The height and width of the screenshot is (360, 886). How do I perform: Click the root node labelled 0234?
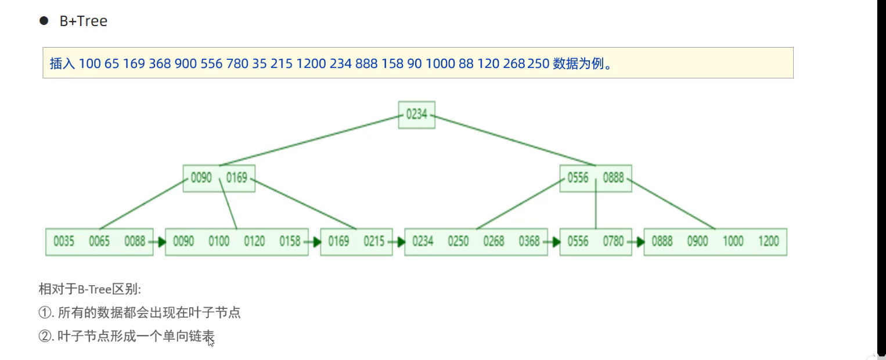416,114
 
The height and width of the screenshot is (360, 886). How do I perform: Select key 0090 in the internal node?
201,178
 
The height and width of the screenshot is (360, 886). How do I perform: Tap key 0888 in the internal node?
613,178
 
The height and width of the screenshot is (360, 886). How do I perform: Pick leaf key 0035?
64,242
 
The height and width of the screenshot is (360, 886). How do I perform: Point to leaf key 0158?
290,242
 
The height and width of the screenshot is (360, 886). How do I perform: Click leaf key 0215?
374,242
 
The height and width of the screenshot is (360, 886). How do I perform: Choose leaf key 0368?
529,242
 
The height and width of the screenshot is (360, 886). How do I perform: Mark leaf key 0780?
614,242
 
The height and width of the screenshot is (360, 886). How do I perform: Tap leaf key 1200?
768,242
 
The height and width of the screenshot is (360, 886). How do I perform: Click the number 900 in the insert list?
185,64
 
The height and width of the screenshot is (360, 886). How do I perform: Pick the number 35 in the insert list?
259,64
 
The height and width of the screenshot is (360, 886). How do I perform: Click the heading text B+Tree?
84,21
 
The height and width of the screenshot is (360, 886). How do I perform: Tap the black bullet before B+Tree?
44,21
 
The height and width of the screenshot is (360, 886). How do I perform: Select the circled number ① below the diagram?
45,313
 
